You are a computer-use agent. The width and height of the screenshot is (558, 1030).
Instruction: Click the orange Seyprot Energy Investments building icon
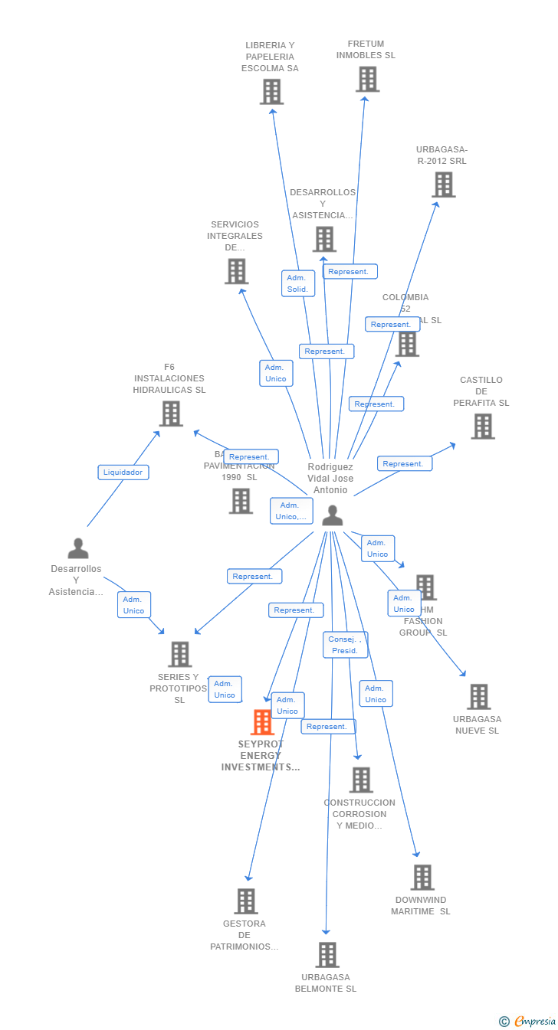pyautogui.click(x=262, y=722)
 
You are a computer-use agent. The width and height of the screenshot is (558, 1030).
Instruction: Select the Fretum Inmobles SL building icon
pyautogui.click(x=367, y=79)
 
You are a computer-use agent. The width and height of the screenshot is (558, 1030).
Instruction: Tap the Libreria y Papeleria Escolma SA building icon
pyautogui.click(x=271, y=92)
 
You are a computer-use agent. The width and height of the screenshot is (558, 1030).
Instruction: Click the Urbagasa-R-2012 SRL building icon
pyautogui.click(x=443, y=185)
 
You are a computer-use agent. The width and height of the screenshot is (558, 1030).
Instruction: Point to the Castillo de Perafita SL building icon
pyautogui.click(x=482, y=427)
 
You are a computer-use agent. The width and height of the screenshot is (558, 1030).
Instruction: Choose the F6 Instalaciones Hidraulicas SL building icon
pyautogui.click(x=170, y=414)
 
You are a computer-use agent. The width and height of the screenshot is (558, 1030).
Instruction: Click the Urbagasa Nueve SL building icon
pyautogui.click(x=478, y=697)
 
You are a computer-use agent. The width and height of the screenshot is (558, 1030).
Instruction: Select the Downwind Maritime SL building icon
pyautogui.click(x=422, y=878)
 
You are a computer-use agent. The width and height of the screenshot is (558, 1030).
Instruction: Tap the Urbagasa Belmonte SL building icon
pyautogui.click(x=327, y=955)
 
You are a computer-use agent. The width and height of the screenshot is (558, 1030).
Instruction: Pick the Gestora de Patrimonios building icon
pyautogui.click(x=245, y=901)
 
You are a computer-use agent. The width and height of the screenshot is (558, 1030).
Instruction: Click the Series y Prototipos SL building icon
pyautogui.click(x=180, y=654)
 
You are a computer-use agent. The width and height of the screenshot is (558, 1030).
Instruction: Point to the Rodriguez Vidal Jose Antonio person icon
pyautogui.click(x=332, y=515)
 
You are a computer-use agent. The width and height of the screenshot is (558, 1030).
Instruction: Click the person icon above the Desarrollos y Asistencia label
pyautogui.click(x=77, y=548)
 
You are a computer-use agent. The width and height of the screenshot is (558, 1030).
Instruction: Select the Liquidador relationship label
pyautogui.click(x=123, y=472)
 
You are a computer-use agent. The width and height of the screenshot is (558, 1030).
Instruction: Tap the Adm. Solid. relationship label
pyautogui.click(x=297, y=283)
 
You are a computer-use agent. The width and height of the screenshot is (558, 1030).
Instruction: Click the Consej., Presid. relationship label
pyautogui.click(x=345, y=645)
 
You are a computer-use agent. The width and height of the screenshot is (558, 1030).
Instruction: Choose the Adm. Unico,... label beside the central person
pyautogui.click(x=291, y=511)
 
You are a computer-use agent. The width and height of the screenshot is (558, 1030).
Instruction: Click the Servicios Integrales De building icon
pyautogui.click(x=236, y=271)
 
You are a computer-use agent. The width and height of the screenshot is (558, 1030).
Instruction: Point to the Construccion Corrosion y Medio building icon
pyautogui.click(x=360, y=780)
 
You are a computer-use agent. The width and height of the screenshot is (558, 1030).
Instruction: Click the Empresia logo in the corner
pyautogui.click(x=528, y=1021)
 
